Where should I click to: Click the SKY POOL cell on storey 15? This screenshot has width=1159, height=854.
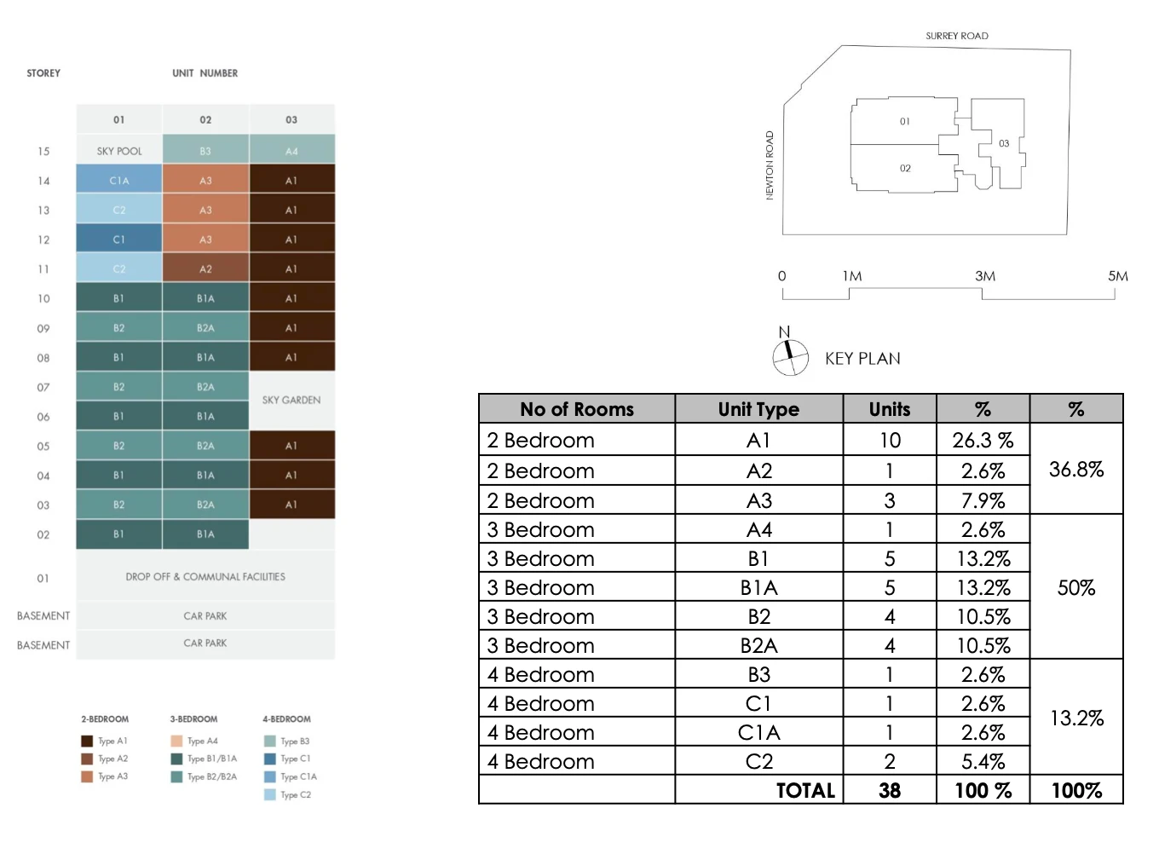[118, 151]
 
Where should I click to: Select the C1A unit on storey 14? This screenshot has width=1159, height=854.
[118, 181]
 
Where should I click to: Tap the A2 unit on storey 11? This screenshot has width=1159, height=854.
[205, 268]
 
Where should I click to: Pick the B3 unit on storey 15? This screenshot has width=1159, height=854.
[205, 151]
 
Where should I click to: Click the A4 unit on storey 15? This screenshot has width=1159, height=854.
[291, 151]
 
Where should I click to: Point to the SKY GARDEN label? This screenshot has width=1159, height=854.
[291, 400]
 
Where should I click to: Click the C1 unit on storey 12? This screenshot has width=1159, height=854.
[118, 239]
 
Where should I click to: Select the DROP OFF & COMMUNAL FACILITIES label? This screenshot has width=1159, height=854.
[205, 577]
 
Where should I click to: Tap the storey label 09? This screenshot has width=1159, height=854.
[43, 328]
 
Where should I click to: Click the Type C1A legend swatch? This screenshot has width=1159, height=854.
[269, 776]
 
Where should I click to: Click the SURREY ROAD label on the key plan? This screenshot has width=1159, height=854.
[957, 36]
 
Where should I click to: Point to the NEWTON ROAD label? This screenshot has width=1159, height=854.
[770, 165]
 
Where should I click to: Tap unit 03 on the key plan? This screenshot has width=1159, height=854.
[1004, 143]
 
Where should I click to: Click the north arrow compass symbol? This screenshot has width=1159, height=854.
[790, 357]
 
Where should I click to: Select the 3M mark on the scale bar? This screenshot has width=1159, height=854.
[985, 276]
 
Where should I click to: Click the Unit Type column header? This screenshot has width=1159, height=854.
[758, 409]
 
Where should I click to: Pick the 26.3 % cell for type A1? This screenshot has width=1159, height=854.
[983, 440]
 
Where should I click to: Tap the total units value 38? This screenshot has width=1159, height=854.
[890, 790]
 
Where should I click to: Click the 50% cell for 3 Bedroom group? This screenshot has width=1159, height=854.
[1075, 587]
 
